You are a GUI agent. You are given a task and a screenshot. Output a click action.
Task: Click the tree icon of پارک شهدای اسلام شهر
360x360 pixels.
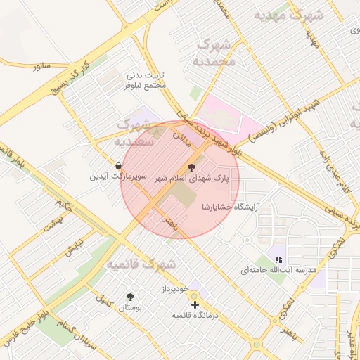click(x=192, y=167)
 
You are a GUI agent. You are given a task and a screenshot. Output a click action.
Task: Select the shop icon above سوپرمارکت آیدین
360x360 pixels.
click(x=117, y=165)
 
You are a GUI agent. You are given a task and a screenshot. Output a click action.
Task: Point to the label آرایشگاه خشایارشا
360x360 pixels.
click(x=231, y=207)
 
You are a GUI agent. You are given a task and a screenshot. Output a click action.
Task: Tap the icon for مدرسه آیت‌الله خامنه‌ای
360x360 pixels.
click(x=278, y=259)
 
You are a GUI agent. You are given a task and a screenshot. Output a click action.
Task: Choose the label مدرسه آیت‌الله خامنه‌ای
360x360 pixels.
click(x=279, y=271)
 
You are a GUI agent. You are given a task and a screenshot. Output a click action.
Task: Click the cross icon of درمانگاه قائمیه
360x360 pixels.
click(x=195, y=304)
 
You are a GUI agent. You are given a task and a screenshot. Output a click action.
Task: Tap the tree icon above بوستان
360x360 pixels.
click(x=130, y=297)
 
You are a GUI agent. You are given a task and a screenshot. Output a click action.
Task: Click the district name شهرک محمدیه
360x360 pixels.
click(x=214, y=51)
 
